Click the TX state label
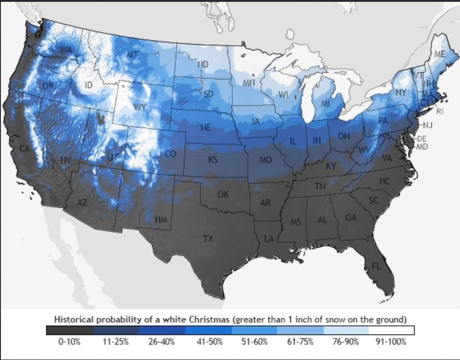pos(208,239)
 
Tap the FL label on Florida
pos(376,266)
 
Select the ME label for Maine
pos(440,54)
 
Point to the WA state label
pos(66,50)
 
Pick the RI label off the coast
pos(439,111)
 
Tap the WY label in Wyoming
pos(140,107)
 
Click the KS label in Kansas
pos(212,159)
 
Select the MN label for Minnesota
pos(249,83)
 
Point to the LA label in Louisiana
pos(269,239)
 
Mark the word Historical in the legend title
pos(74,320)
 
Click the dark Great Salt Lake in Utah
pos(102,119)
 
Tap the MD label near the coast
pos(422,147)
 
